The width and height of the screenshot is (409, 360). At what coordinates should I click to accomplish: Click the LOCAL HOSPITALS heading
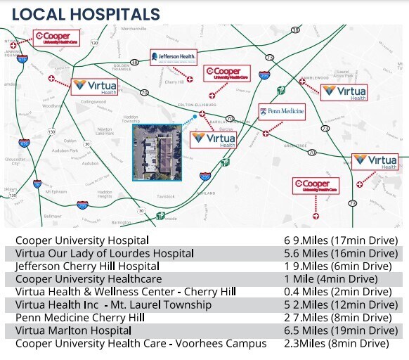86,14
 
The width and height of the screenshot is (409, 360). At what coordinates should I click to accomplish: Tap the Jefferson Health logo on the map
174,57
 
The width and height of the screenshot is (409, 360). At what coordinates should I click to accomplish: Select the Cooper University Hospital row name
82,240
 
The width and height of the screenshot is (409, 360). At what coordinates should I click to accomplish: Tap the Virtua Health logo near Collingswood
95,86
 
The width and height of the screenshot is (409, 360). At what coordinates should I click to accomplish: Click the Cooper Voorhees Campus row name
141,343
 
